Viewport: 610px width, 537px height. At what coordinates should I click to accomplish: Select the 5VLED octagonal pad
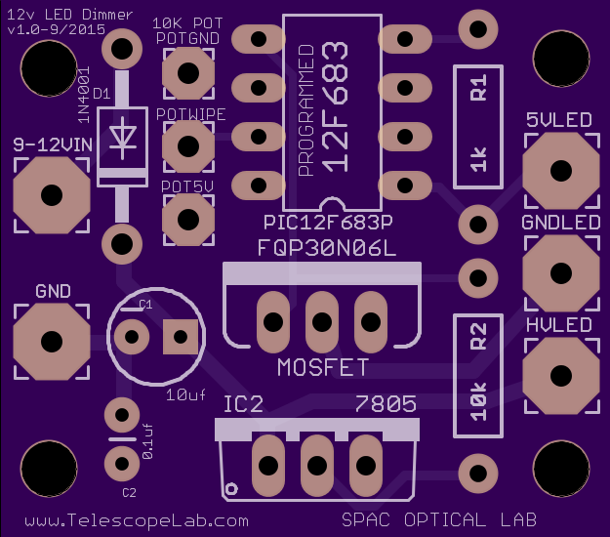[561, 169]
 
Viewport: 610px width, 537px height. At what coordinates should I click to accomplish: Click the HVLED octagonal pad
[561, 373]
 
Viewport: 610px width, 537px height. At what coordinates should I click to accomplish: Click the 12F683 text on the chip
[334, 106]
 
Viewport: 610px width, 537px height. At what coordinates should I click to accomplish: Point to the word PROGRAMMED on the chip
[305, 110]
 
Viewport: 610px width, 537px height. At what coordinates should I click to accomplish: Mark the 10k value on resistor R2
[478, 399]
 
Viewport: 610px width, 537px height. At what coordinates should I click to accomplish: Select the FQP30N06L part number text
[327, 247]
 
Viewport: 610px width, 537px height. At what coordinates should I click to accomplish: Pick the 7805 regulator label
[386, 403]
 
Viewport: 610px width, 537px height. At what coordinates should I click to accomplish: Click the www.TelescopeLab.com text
[137, 520]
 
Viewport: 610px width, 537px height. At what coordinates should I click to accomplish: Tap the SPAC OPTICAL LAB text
[440, 518]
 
